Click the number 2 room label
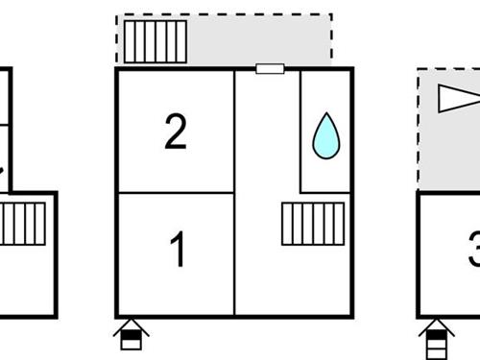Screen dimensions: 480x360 click(x=175, y=132)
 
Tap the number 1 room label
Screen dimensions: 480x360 click(x=177, y=250)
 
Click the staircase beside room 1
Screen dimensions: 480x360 click(x=312, y=224)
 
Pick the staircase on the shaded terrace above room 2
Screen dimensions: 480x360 click(x=156, y=41)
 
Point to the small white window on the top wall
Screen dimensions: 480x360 click(x=270, y=68)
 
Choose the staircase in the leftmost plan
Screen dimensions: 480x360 click(x=22, y=223)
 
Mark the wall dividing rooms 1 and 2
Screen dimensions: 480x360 click(x=175, y=193)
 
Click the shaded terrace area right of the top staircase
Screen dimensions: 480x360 click(x=259, y=41)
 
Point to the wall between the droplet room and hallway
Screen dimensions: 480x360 click(x=300, y=131)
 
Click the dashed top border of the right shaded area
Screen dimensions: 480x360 click(x=449, y=68)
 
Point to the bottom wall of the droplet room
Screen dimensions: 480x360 click(x=325, y=192)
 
